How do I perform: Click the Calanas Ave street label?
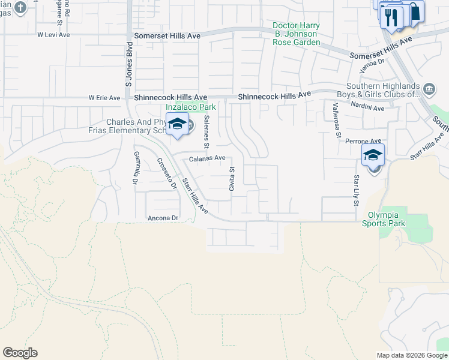coord(207,158)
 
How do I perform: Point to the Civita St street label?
coord(231,179)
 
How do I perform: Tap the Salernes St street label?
coord(206,132)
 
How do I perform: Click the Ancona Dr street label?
coord(163,218)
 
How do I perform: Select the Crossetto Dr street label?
coord(167,174)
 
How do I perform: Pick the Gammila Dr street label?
coord(136,167)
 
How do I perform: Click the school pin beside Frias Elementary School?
coord(177,124)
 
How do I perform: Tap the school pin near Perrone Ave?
coord(373,155)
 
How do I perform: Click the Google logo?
coord(20,353)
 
